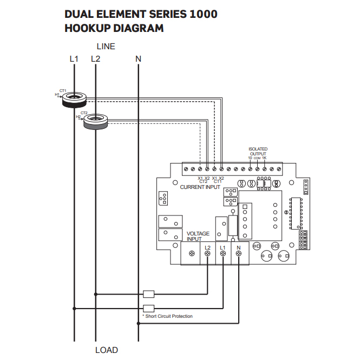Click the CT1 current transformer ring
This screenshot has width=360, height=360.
point(74,99)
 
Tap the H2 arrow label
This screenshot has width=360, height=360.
point(79,116)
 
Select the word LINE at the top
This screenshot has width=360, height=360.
point(106,47)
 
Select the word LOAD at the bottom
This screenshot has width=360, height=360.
point(106,350)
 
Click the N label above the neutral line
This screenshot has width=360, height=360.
point(139,58)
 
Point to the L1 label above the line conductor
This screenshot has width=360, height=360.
point(74,58)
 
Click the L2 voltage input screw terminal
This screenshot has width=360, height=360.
point(208,253)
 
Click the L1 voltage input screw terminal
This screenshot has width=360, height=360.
point(223,253)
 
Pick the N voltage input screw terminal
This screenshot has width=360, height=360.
point(238,253)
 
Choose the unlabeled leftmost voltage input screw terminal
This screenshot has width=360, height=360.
point(192,253)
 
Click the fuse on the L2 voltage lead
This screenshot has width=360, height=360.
point(148,294)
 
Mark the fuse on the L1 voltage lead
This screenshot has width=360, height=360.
point(148,309)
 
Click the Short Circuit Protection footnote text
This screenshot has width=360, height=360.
point(167,316)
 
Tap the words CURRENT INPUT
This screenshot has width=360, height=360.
point(200,187)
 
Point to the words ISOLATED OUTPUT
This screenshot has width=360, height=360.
point(258,151)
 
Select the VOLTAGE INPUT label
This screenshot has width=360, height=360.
point(198,236)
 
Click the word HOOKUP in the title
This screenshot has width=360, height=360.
point(87,28)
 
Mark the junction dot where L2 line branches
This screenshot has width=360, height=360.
point(96,294)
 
